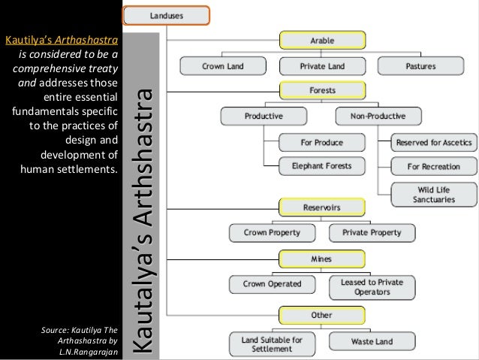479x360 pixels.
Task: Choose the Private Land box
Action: pos(322,66)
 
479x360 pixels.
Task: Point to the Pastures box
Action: pos(420,66)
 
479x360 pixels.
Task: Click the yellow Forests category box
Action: pos(322,91)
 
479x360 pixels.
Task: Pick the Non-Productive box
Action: pos(378,116)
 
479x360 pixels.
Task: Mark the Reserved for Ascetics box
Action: pos(434,141)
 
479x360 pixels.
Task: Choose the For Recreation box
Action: pos(434,166)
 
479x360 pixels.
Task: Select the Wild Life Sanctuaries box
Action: pos(434,194)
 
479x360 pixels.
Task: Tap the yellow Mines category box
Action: pos(322,259)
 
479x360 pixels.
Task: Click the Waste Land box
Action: pos(372,341)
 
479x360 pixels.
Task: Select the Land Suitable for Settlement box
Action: pos(272,344)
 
